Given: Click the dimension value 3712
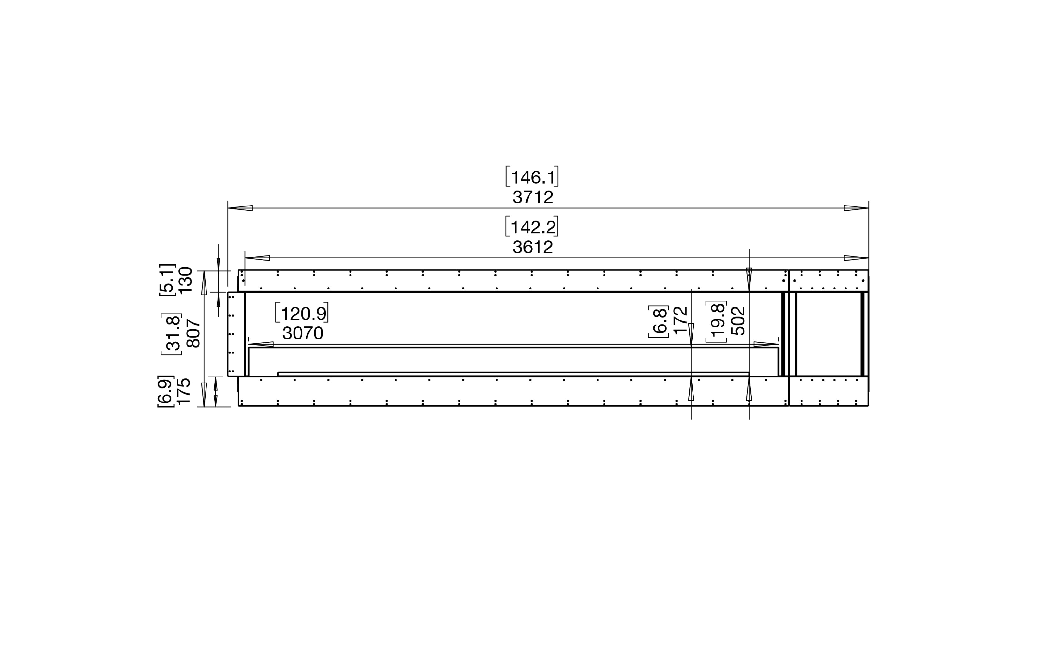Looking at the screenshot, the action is pos(533,197).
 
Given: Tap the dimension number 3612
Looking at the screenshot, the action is pos(533,247).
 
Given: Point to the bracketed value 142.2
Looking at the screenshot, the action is pos(532,226).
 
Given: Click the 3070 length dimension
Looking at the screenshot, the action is pos(303,333).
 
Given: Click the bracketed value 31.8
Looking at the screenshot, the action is pos(172,334).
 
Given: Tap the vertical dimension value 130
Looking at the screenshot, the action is pos(186,280).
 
